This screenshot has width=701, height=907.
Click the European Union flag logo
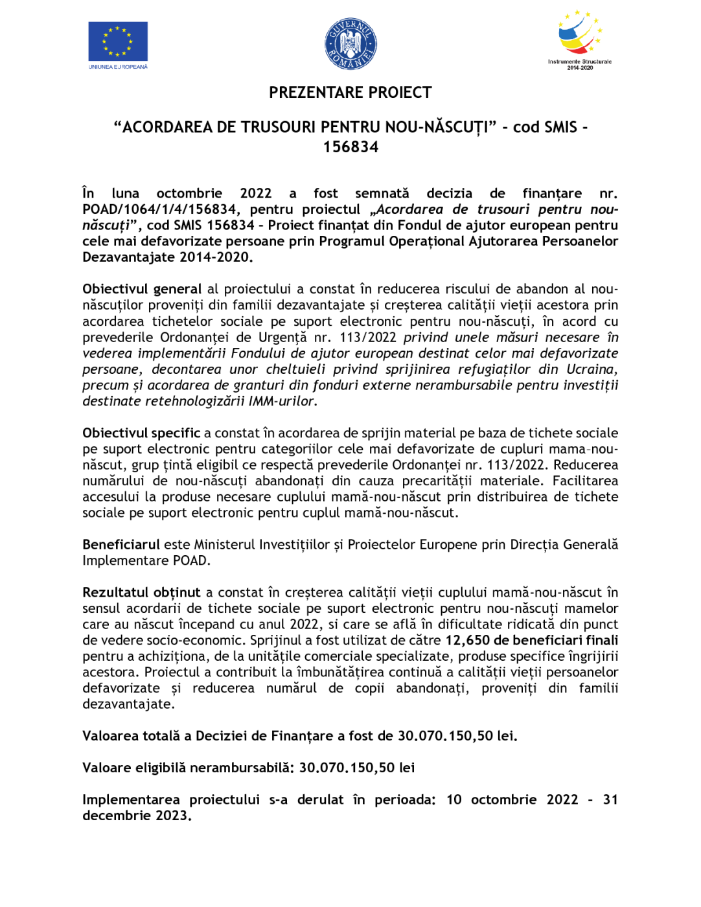coord(118,41)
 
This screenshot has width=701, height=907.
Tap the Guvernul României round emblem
coord(350,44)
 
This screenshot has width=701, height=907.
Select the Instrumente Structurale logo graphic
coord(580,34)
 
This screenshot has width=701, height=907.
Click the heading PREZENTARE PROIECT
coord(350,93)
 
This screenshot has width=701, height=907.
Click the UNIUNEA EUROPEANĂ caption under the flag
coord(118,67)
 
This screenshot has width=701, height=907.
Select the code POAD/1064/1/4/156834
coord(159,209)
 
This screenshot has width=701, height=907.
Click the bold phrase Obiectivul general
coord(142,289)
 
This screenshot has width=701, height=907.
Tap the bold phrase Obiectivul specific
coord(141,433)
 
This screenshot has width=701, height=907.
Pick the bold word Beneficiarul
coord(121,544)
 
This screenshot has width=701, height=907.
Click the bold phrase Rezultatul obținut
coord(141,592)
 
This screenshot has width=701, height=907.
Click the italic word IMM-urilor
coord(282,401)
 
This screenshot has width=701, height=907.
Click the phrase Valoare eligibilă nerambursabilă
coord(188,768)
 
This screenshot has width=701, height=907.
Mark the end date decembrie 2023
coord(136,816)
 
